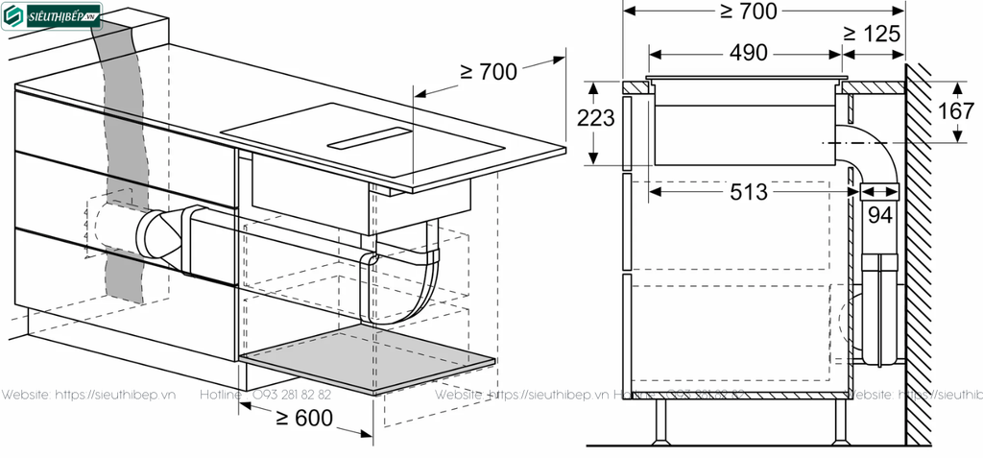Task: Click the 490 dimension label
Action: click(749, 54)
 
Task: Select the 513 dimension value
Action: click(748, 192)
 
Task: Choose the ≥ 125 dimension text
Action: click(872, 33)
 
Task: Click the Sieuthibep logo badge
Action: click(54, 16)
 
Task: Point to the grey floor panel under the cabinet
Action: click(369, 359)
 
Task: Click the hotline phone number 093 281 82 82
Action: click(292, 396)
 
